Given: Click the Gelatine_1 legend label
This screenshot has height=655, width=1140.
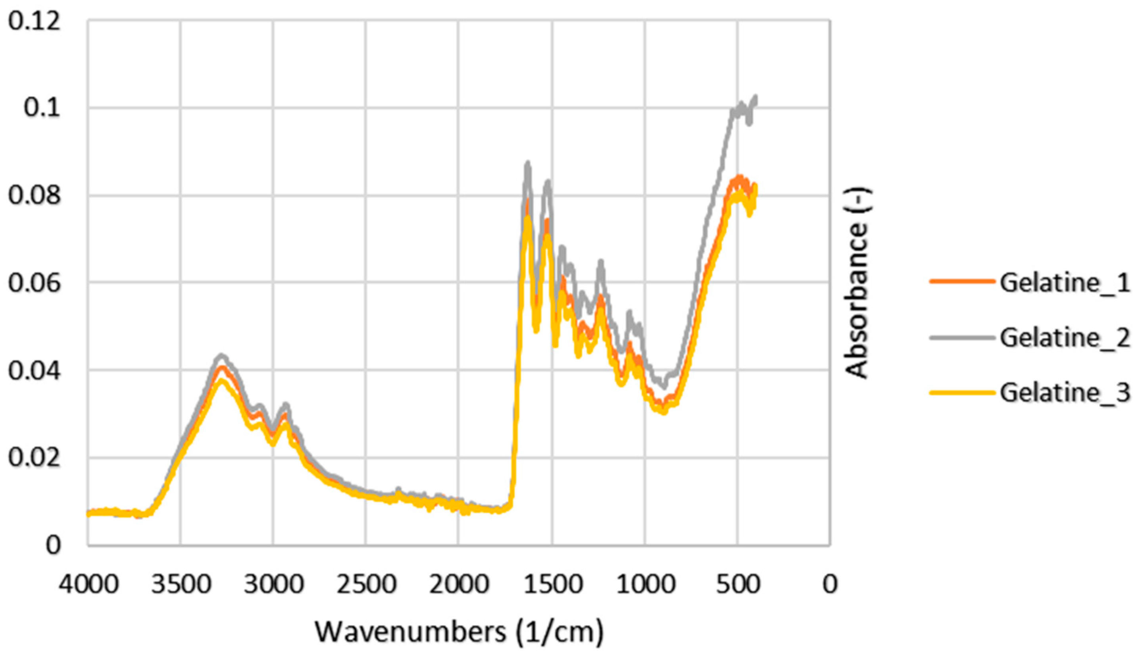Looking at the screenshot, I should tap(1065, 283).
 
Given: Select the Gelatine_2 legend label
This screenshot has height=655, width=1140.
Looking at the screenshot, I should tap(1065, 338).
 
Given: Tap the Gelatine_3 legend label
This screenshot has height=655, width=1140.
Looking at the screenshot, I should tap(1065, 393).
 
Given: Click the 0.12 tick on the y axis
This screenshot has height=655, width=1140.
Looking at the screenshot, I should tap(34, 21).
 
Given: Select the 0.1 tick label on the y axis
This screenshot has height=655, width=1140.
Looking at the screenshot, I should tap(42, 108).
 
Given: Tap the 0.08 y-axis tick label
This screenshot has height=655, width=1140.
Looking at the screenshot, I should tap(34, 196).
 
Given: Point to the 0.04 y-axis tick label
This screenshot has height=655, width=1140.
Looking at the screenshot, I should tap(34, 371).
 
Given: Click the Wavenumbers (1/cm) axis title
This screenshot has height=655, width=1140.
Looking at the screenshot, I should tap(459, 632).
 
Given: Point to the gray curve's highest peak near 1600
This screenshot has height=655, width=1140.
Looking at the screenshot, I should tap(528, 163).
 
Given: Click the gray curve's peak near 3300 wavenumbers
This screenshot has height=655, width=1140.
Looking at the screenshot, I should tap(221, 355).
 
